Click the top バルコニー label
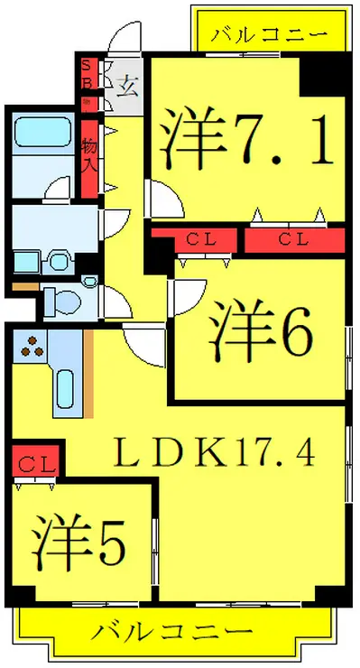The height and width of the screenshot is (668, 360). tap(268, 37)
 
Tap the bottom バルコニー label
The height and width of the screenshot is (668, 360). tap(171, 631)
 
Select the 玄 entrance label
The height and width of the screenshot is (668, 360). tap(127, 87)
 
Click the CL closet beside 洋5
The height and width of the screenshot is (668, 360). tap(37, 464)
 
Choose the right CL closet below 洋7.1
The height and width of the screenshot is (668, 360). tap(294, 239)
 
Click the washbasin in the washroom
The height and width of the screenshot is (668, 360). tap(59, 262)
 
